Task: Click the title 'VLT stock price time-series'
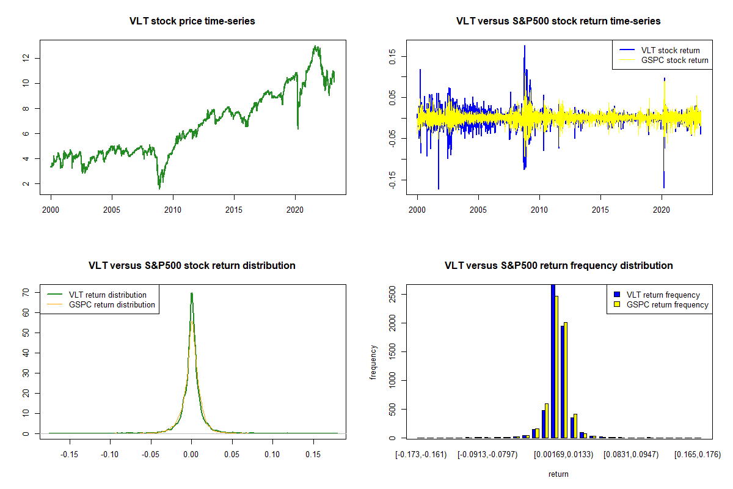[192, 21]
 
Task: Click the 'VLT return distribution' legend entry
[108, 295]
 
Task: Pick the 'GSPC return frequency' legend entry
[668, 304]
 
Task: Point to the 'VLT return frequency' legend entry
[663, 295]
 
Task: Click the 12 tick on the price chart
[26, 58]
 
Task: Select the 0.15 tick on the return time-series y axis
[392, 57]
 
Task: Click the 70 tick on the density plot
[26, 293]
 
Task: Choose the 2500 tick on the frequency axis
[392, 295]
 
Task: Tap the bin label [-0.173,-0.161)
[421, 454]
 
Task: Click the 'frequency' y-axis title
[373, 362]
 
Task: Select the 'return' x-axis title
[558, 474]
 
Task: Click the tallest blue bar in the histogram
[553, 361]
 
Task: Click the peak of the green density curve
[191, 293]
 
